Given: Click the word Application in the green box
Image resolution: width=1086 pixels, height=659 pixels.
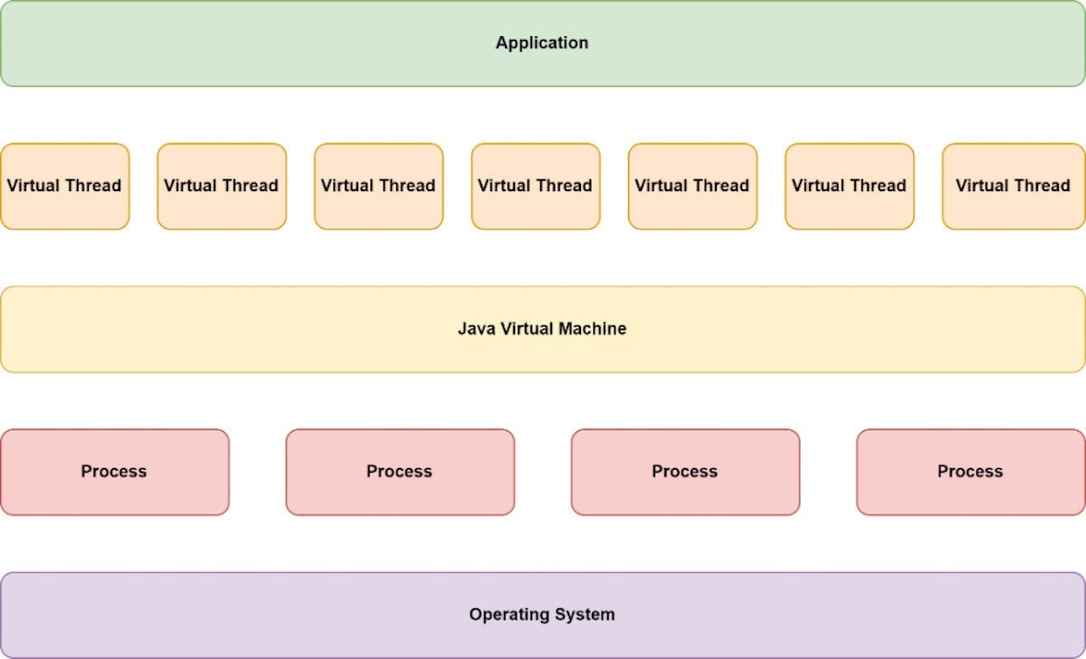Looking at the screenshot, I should coord(541,43).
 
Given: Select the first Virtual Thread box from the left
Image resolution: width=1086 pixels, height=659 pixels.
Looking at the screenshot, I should coord(64,186).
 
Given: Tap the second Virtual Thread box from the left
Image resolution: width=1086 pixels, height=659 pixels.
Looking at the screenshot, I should coord(221,186).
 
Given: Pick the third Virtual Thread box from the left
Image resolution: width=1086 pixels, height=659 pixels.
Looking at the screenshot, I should coord(378,186).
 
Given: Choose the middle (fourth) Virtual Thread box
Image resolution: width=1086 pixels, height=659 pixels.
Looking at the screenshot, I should coord(535,186).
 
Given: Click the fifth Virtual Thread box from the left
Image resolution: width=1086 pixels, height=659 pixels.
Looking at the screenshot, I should coord(692,186).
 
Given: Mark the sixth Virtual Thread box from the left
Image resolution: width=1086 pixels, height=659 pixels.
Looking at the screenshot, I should coord(849,186).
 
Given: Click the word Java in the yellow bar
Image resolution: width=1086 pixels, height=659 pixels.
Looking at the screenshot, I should coord(475,329).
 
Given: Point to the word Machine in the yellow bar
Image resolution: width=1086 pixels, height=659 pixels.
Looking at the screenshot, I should coord(594,329).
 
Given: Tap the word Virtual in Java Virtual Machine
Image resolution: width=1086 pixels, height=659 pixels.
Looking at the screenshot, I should coord(527,329).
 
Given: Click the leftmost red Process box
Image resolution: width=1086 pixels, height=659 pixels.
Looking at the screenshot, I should coord(114,472).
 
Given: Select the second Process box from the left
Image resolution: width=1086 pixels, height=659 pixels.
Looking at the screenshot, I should coord(399,472).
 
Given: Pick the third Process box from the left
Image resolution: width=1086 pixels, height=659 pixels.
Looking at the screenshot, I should coord(685,472).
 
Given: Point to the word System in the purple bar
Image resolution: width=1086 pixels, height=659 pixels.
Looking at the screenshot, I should coord(583,615).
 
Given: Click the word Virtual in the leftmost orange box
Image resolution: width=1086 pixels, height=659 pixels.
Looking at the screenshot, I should coord(34,186).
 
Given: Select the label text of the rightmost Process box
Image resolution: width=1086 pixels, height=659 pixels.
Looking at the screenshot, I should coord(970,472).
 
